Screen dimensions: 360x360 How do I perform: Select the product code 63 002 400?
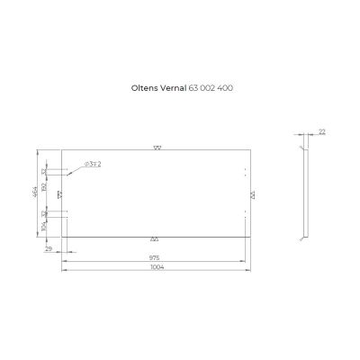[214, 88]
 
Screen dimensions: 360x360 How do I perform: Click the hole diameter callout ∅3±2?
[92, 165]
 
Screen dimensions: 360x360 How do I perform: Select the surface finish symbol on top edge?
[157, 148]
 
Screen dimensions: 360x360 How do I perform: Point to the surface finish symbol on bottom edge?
[155, 238]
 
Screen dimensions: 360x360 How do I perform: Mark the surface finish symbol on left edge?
[59, 193]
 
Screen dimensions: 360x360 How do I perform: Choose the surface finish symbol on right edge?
[252, 193]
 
